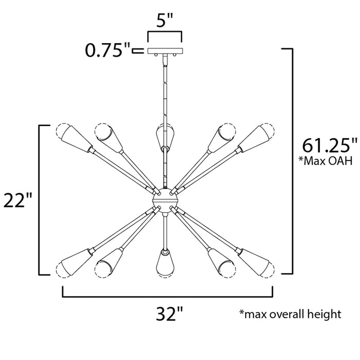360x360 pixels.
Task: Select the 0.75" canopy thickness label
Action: [x=106, y=50]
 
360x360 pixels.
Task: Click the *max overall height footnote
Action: [x=290, y=314]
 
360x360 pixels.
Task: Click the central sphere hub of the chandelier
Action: [x=165, y=199]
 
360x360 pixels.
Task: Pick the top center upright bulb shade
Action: [x=164, y=135]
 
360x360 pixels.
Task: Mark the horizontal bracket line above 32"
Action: [x=168, y=297]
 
